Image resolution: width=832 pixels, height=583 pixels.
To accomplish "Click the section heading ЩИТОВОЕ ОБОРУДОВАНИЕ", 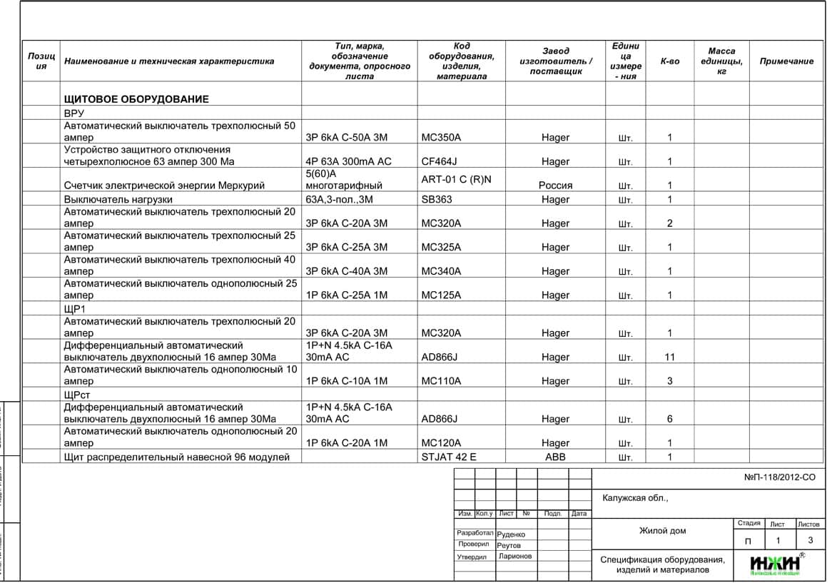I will point(136,99).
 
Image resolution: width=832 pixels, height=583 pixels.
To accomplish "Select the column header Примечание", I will point(786,61).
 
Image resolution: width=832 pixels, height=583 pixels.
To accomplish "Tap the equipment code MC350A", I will point(441,138).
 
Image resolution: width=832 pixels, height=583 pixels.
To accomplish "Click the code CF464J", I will point(439,161).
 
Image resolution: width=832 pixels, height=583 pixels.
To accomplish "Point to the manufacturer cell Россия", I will point(555,186).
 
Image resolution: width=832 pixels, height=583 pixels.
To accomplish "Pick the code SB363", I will point(437,200).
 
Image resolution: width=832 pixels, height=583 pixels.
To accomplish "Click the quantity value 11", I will point(669,358).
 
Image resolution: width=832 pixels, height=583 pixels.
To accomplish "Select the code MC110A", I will point(441,381).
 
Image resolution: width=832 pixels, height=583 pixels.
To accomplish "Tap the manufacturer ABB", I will point(555,457).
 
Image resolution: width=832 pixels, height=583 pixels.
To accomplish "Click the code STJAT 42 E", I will point(448,457).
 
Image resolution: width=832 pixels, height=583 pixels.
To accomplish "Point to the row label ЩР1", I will point(74,309).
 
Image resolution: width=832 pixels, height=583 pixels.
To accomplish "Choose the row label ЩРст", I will point(77,395).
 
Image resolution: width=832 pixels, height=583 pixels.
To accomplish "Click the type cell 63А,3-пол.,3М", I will point(340,200).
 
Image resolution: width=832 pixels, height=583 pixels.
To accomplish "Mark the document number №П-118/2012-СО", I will point(779,477).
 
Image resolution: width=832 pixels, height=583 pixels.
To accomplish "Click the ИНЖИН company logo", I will point(775,564).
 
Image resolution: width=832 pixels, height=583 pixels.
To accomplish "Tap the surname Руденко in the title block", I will point(511,534).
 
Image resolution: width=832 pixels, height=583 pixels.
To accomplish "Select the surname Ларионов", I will point(515,557).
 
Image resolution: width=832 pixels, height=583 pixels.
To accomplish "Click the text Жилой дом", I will point(662,531).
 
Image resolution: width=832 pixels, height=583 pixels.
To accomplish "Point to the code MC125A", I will point(441,295).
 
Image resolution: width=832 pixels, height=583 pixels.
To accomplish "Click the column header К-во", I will point(669,61).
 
